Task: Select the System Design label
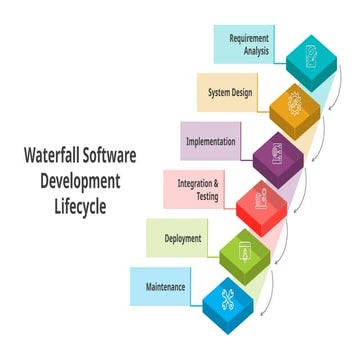[x=230, y=93]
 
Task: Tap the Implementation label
[x=211, y=141]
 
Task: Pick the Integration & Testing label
[x=199, y=190]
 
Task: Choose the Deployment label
[x=183, y=238]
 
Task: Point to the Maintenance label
[x=166, y=286]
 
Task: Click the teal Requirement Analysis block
[x=311, y=62]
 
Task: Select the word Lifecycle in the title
[x=74, y=206]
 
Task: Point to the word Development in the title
[x=74, y=181]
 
